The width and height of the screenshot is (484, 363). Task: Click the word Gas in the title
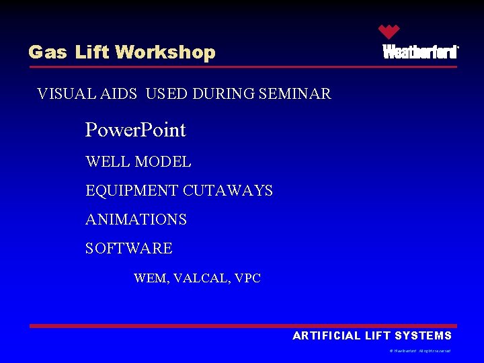click(x=47, y=52)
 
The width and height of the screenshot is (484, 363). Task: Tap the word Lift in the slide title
click(x=92, y=52)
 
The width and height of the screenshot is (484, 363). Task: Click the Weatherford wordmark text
click(x=420, y=52)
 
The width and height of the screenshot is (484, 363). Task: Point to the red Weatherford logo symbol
click(x=389, y=32)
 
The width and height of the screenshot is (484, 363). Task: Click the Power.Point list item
click(x=135, y=130)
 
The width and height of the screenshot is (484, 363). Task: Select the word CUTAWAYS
click(x=228, y=191)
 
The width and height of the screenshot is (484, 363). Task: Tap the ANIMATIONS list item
click(x=136, y=220)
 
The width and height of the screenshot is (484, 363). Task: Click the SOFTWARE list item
click(x=128, y=249)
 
